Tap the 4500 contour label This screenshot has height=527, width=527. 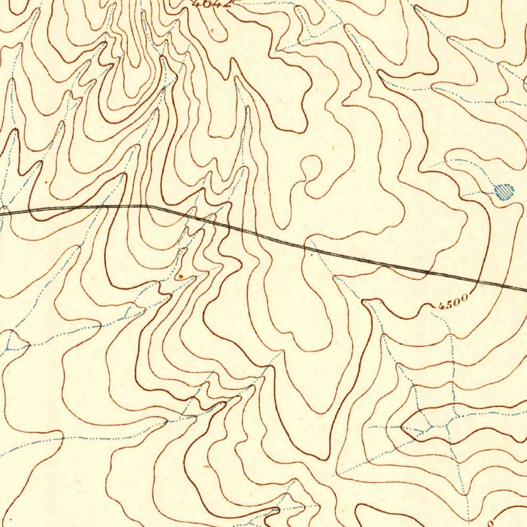click(453, 301)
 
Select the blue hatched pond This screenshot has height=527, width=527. click(504, 192)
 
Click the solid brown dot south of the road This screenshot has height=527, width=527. click(181, 276)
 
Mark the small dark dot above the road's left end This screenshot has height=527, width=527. click(46, 182)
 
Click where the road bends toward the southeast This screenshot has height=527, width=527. click(148, 206)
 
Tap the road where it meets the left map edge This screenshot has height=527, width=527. click(2, 210)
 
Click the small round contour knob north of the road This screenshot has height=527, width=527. click(311, 167)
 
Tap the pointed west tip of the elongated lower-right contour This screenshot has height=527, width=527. click(402, 426)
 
